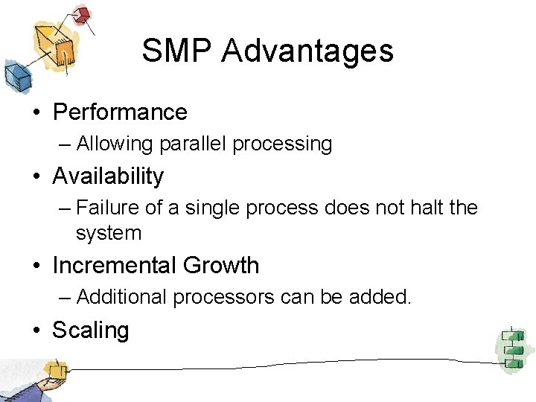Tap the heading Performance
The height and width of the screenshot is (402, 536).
coord(120,112)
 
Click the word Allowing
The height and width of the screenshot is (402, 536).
coord(112,144)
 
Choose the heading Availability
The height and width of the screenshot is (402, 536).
coord(108,176)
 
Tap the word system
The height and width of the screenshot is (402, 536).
coord(108,233)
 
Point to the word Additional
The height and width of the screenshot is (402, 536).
coord(121,297)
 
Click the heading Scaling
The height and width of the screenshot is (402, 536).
coord(90,330)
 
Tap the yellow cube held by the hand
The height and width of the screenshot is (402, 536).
coord(54,368)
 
